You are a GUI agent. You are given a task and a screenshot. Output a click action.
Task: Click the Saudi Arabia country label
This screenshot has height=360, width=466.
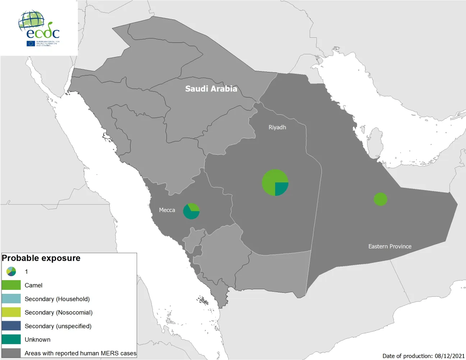coord(211,89)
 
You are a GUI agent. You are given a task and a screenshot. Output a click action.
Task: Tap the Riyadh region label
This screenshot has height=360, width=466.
coord(277,127)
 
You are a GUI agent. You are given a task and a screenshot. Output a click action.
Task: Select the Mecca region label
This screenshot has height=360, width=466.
coord(167,210)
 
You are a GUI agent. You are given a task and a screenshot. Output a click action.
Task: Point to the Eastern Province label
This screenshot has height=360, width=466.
coord(390,246)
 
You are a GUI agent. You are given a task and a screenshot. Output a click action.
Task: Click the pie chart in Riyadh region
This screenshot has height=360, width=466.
coord(275,182)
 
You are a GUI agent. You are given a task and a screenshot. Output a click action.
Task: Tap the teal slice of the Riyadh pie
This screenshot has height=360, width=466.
coord(281,188)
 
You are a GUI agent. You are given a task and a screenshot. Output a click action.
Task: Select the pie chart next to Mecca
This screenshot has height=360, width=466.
coord(191,211)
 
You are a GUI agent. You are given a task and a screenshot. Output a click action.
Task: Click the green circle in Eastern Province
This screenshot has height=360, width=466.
coord(380,199)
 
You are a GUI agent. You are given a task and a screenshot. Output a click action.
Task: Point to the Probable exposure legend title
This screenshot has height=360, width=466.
coord(41,258)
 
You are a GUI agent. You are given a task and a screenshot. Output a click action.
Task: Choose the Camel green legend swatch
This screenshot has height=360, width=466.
coord(11,285)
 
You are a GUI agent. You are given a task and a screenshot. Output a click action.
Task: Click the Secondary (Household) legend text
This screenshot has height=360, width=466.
coord(57,299)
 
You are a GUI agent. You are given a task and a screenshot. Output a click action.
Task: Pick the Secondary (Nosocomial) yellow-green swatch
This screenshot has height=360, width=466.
coord(11,312)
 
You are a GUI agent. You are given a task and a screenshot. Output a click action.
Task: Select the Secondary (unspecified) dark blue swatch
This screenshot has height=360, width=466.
coord(11,326)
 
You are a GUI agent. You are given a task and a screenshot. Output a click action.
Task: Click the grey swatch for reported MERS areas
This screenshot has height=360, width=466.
coord(11,353)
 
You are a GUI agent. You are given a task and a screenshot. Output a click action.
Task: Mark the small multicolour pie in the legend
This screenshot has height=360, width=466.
coord(11,272)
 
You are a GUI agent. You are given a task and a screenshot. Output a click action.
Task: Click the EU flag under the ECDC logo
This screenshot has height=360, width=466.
coord(31,44)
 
